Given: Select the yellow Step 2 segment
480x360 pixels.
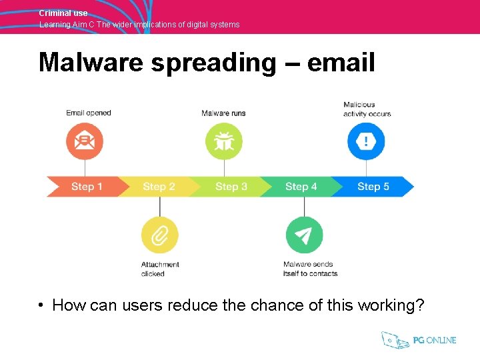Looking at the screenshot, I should [x=159, y=187].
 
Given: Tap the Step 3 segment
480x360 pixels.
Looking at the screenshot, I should [x=231, y=187].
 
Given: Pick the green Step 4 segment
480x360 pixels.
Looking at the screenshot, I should [x=301, y=187].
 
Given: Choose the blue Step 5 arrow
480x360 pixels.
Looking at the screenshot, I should [x=373, y=187].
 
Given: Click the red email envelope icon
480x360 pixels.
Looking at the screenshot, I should [x=85, y=141].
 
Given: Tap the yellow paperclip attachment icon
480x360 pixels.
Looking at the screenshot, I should [x=159, y=235].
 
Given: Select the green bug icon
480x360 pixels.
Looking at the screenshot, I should [x=223, y=141].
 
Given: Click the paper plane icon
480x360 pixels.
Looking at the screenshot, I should [x=304, y=235].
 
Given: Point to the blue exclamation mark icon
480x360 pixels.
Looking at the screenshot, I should [x=366, y=141].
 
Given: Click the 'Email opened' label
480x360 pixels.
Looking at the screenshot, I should [x=89, y=113].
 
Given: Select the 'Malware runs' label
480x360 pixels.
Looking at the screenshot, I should [x=223, y=113].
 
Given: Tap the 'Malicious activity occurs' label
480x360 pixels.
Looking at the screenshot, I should [x=367, y=109].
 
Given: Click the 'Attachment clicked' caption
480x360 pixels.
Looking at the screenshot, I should [x=160, y=269].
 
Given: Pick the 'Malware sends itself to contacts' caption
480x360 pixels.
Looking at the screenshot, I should [x=310, y=269].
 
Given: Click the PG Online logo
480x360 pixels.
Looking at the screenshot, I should [x=419, y=340].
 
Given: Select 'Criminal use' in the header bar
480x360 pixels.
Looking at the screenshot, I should [x=63, y=13].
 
